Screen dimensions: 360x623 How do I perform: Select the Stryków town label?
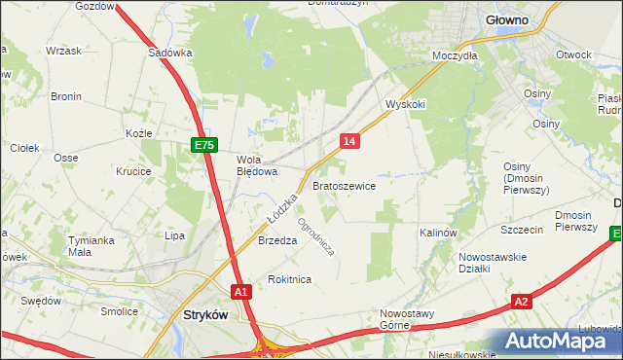pos(206,315)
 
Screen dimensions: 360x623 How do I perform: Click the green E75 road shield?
pos(202,145)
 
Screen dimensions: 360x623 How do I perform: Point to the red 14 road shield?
pos(350,141)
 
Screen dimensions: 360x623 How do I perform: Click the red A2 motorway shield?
pos(522,302)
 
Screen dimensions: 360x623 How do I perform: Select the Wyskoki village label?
pos(406,103)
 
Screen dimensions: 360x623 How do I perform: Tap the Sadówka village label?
pos(168,54)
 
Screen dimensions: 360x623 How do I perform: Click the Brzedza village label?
pos(276,241)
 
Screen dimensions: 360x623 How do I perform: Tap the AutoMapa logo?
pos(558,341)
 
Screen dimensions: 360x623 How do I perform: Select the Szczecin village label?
pos(522,230)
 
